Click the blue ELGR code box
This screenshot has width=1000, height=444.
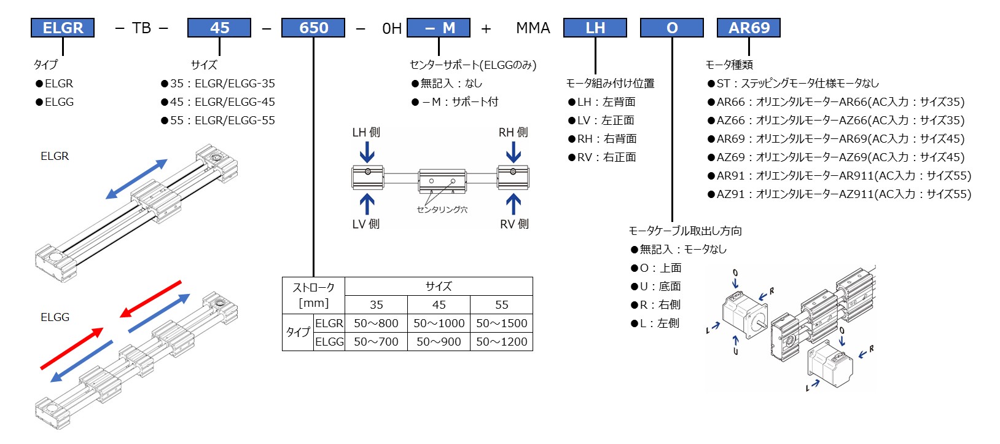coord(63,28)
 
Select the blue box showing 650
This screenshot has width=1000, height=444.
coord(313,28)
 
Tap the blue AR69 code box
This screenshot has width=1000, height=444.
coord(749,28)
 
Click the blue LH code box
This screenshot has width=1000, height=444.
coord(595,28)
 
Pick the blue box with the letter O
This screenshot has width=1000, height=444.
coord(672,28)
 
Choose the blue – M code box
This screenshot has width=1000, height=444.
coord(439,28)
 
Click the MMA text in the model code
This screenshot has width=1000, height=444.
coord(533,28)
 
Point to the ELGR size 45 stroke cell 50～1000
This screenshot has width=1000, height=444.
coord(439,323)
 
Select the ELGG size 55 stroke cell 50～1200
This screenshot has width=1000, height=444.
coord(501,341)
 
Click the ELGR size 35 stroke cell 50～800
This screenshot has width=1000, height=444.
coord(376,323)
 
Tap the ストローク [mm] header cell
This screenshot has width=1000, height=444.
coord(313,295)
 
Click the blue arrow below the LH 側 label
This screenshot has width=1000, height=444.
coord(367,152)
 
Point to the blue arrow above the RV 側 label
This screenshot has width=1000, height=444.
coord(514,205)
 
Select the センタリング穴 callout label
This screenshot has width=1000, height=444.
coord(442,210)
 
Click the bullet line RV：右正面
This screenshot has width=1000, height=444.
coord(602,157)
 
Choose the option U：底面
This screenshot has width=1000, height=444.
coord(656,287)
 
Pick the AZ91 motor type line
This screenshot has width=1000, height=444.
coord(839,194)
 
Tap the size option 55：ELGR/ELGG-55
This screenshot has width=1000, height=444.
coord(218,121)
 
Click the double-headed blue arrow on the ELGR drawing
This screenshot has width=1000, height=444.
coord(136,179)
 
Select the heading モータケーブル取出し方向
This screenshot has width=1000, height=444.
coord(685,231)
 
